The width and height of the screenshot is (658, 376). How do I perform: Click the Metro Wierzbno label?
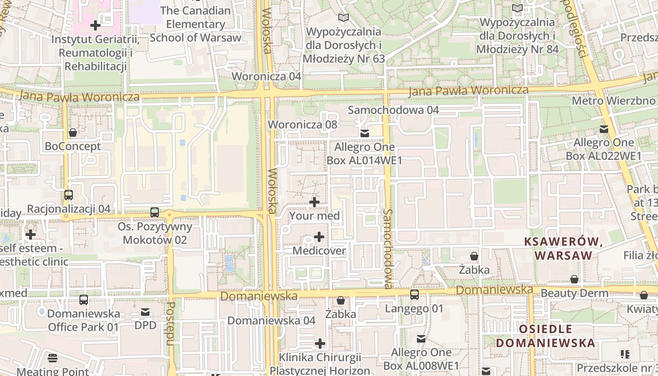(613, 101)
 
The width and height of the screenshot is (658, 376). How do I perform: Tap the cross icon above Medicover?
(319, 236)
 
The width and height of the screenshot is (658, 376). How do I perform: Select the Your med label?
(314, 216)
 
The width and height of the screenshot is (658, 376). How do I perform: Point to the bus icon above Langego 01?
(414, 295)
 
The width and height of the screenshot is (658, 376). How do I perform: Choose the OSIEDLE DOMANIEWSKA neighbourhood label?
(545, 336)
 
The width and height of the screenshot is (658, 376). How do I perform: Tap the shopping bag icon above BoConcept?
(73, 133)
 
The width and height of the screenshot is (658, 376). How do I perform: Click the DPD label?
(145, 325)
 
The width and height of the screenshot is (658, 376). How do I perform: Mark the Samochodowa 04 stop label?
(393, 110)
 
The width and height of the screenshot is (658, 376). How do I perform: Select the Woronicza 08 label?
(303, 125)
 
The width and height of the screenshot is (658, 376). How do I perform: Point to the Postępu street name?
(171, 323)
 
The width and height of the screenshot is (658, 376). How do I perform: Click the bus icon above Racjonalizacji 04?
(69, 195)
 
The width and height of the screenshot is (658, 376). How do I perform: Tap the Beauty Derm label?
(574, 293)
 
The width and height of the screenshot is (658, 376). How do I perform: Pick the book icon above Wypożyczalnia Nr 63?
(344, 17)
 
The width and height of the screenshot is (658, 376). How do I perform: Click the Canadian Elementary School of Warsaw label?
(196, 24)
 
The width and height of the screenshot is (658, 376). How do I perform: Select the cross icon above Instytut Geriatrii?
(95, 25)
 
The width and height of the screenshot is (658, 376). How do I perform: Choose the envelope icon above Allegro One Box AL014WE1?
(364, 133)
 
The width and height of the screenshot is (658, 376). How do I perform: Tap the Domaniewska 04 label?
(271, 321)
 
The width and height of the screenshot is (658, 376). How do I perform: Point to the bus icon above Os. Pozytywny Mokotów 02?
(155, 212)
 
